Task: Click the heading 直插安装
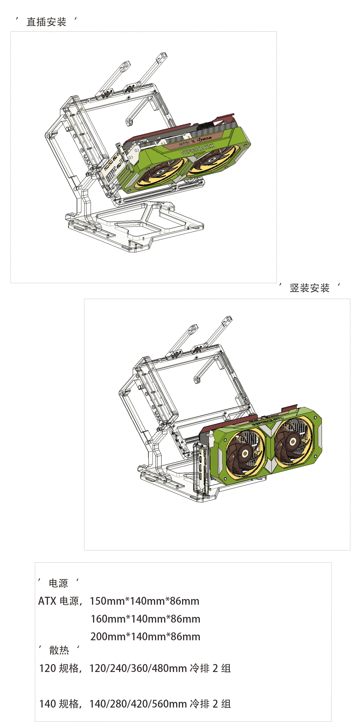coord(46,22)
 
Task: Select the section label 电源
coord(58,583)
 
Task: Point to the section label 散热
coord(59,650)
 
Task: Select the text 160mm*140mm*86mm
coord(145,619)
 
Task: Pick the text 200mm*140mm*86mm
coord(145,637)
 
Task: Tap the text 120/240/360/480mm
coord(138,668)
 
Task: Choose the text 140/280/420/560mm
coord(138,704)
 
